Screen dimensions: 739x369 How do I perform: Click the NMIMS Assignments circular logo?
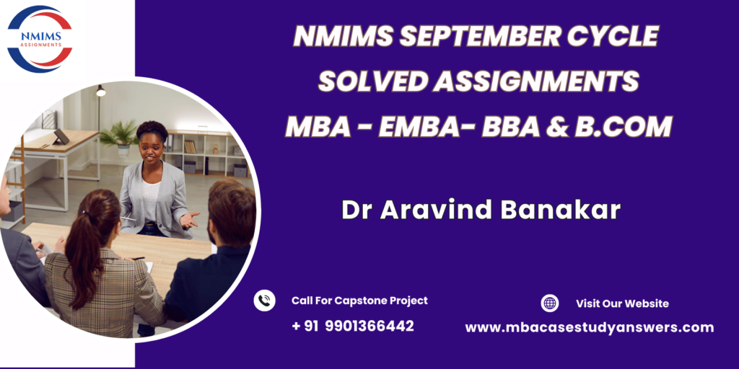tap(40, 39)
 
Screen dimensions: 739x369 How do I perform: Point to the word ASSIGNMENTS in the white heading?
tap(536, 81)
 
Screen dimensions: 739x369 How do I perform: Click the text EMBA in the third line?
tap(417, 127)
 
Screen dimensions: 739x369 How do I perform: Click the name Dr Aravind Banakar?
tap(481, 210)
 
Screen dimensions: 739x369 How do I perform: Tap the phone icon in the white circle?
tap(264, 301)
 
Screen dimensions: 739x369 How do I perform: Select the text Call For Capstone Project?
tap(359, 301)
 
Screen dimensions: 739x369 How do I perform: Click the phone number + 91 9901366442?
tap(353, 326)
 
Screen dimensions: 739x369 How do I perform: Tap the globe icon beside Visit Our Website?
tap(549, 303)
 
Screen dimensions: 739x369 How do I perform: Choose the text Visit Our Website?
tap(622, 303)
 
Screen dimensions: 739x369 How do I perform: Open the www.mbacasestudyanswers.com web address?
tap(590, 328)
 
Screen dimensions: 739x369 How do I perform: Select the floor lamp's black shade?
tap(101, 91)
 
